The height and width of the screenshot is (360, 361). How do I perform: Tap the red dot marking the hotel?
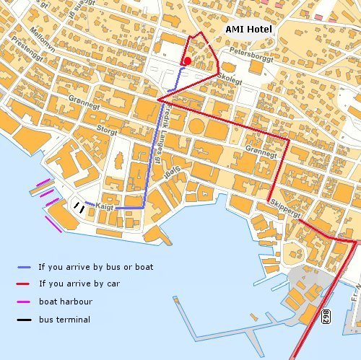(187, 61)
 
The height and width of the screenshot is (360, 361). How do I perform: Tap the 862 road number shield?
(326, 317)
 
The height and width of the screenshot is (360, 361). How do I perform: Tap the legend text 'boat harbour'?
(65, 302)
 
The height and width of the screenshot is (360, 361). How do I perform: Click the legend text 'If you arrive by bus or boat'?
(95, 267)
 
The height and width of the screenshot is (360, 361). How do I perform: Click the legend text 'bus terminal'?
(64, 319)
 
